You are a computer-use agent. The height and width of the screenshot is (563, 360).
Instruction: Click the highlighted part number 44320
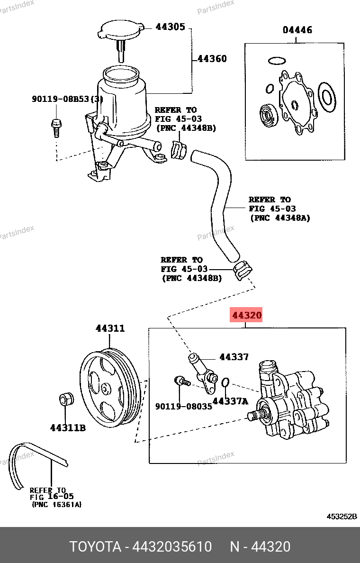click(246, 315)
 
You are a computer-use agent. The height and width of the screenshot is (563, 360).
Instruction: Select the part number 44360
click(212, 59)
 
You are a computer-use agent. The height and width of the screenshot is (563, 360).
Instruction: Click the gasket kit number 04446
click(297, 30)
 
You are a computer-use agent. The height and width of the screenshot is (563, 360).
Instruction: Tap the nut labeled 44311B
click(66, 400)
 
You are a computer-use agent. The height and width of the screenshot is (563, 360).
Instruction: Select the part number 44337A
click(230, 401)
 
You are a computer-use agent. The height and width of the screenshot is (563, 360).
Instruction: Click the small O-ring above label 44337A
click(226, 382)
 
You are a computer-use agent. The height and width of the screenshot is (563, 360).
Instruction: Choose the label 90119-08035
click(183, 406)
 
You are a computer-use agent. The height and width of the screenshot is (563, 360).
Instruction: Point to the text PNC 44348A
click(279, 218)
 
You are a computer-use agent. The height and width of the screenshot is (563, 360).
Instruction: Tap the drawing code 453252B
click(341, 517)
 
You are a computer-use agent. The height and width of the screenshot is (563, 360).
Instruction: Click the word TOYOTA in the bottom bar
click(95, 546)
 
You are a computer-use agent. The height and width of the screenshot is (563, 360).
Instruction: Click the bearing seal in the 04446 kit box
click(268, 116)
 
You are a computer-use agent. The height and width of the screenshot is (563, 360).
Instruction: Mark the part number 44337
click(234, 357)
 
